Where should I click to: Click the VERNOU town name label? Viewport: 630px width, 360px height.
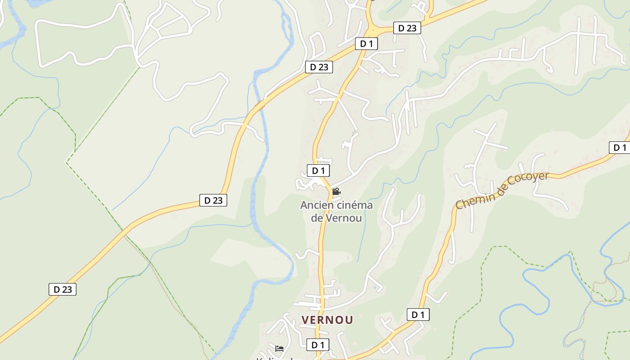327,320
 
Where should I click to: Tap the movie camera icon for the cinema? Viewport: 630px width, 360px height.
336,192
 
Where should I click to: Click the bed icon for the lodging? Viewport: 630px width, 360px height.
279,348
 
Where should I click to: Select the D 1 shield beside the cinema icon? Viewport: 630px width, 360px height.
318,171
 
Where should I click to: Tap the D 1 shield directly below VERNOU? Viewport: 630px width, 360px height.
318,345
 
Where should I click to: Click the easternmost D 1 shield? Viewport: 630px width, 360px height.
620,147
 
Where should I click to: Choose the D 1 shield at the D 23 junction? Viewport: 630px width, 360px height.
366,44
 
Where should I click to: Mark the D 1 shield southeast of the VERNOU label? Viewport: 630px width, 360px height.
418,315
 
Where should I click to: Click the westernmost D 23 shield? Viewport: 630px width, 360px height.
63,289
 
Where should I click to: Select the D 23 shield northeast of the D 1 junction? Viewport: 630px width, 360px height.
407,28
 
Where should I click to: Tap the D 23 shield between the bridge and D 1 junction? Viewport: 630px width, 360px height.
319,67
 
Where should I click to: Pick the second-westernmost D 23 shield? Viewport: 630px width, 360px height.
213,200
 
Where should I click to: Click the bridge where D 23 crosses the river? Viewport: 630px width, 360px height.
260,105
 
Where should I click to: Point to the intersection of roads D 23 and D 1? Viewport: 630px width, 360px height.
371,31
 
